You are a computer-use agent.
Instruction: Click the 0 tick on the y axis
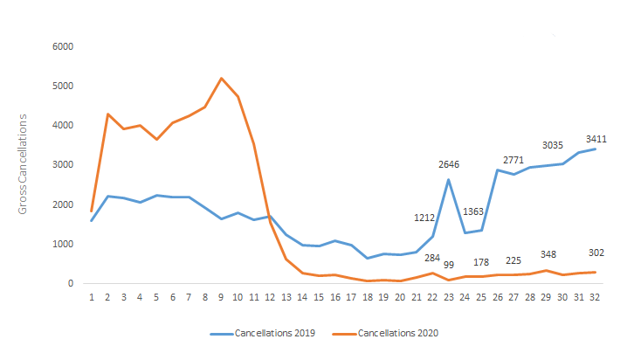(x=70, y=283)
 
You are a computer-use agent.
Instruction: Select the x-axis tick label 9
(x=222, y=298)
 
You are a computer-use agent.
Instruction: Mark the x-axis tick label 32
(x=596, y=298)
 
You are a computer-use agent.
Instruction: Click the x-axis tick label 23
(x=449, y=298)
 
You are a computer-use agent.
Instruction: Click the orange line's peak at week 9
(x=222, y=79)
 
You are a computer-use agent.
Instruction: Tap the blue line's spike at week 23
(x=449, y=180)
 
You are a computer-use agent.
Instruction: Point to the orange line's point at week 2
(x=108, y=114)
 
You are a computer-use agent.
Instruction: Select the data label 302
(x=596, y=253)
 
